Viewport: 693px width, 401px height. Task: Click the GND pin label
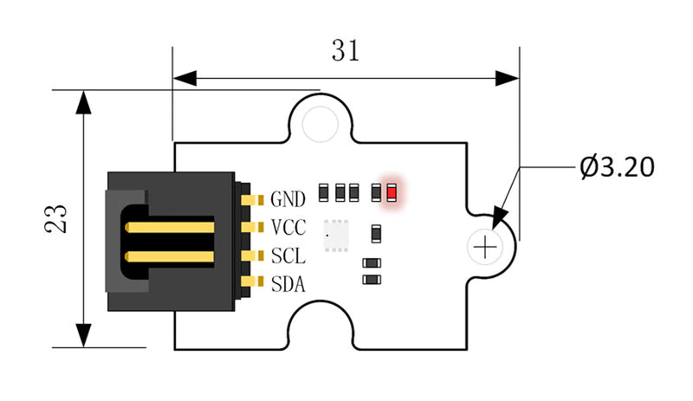pyautogui.click(x=288, y=200)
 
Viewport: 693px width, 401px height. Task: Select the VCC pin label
pyautogui.click(x=288, y=228)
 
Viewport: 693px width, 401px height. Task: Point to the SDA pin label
pyautogui.click(x=288, y=283)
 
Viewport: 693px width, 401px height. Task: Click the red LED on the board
pyautogui.click(x=392, y=191)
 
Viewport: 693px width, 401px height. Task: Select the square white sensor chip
pyautogui.click(x=334, y=235)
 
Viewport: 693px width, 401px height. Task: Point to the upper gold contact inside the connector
pyautogui.click(x=169, y=228)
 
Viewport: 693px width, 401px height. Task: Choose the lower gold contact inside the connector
pyautogui.click(x=169, y=256)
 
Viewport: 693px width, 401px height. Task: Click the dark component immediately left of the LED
pyautogui.click(x=376, y=191)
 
